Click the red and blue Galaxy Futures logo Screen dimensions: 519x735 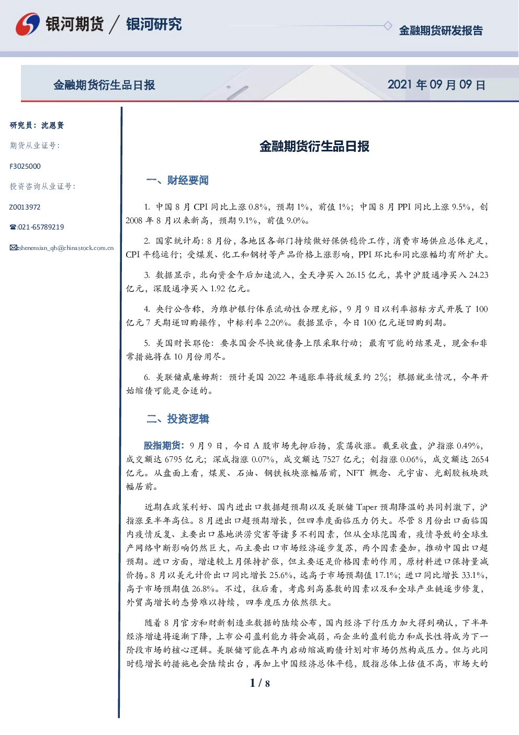28,24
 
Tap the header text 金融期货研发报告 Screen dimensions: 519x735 441,30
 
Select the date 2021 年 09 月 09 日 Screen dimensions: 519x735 436,85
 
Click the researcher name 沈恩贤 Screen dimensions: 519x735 52,125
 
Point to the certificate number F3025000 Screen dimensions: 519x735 25,167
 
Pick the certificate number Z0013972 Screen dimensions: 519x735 25,207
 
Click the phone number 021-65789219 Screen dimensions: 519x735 41,227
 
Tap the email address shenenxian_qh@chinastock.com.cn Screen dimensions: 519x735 66,248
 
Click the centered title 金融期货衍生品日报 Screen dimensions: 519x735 314,146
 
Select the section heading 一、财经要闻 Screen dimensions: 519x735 177,180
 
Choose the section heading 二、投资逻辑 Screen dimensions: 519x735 177,419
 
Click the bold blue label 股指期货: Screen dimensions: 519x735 164,445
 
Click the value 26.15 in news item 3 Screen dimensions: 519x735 355,275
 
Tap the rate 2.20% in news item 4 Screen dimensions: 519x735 277,323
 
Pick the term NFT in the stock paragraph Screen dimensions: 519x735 355,473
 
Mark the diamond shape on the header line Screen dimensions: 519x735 388,26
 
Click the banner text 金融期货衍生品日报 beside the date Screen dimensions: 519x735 104,85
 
